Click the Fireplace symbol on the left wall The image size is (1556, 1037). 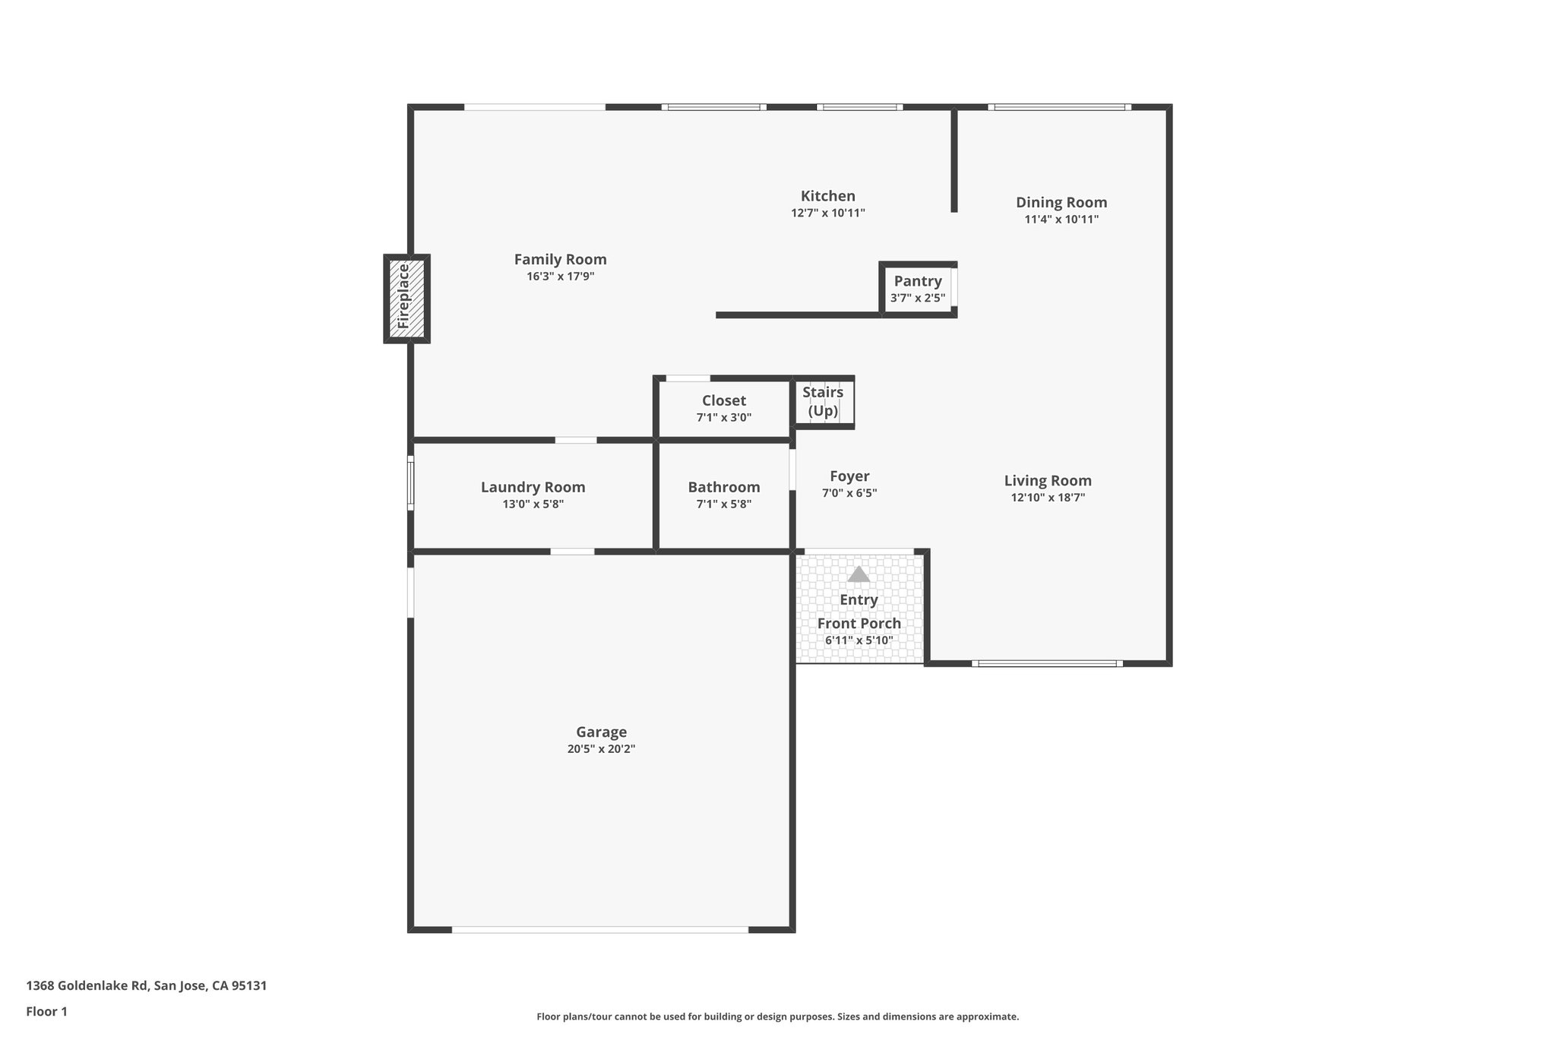[x=406, y=298]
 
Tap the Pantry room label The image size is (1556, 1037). [x=918, y=281]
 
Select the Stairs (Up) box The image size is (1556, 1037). [x=824, y=402]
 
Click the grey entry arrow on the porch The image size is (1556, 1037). [x=859, y=574]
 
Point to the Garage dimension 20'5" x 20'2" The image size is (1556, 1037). [x=601, y=749]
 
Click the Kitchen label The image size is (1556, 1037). [x=827, y=196]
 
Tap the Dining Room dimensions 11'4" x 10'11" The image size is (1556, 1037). [x=1061, y=220]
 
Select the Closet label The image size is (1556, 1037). [x=723, y=400]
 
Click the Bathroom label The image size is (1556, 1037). [x=723, y=487]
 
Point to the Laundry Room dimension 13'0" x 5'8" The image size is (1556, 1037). [x=533, y=504]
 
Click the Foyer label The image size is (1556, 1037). [x=849, y=476]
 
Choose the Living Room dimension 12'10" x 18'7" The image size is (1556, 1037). [x=1047, y=498]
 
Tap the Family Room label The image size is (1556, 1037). [x=560, y=259]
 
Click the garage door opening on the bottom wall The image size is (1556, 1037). [x=600, y=929]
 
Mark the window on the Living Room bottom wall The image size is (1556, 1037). [x=1046, y=664]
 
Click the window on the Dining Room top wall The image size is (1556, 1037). [x=1059, y=107]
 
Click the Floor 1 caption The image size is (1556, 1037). [x=46, y=1011]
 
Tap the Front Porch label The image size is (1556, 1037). [x=859, y=624]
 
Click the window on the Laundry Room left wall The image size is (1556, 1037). [x=410, y=483]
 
